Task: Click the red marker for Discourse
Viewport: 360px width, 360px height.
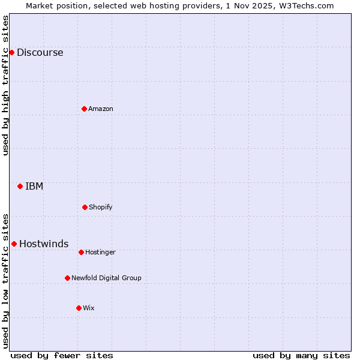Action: point(11,52)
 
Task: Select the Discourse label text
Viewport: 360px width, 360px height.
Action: point(40,52)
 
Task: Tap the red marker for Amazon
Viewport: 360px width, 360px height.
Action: point(84,109)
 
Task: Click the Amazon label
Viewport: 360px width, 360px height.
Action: point(100,109)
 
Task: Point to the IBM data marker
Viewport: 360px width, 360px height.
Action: point(20,186)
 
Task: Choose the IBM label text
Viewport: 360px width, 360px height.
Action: point(34,186)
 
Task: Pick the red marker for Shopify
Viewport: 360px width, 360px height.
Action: point(85,207)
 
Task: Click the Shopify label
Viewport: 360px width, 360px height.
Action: point(100,207)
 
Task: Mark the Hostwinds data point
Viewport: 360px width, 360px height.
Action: point(14,244)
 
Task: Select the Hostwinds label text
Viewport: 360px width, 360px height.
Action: point(44,244)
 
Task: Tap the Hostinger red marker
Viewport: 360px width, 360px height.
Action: point(81,252)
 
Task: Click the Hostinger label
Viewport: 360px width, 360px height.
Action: point(100,252)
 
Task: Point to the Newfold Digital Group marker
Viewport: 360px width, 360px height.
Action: point(67,278)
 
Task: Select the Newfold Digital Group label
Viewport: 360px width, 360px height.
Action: point(106,278)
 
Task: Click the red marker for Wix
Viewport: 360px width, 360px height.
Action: point(79,308)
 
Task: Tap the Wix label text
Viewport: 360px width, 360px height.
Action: point(89,308)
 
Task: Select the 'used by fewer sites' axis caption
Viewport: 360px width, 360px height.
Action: point(62,355)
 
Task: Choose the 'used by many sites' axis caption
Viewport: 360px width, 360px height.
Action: point(301,355)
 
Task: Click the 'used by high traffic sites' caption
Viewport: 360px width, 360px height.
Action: point(5,85)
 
